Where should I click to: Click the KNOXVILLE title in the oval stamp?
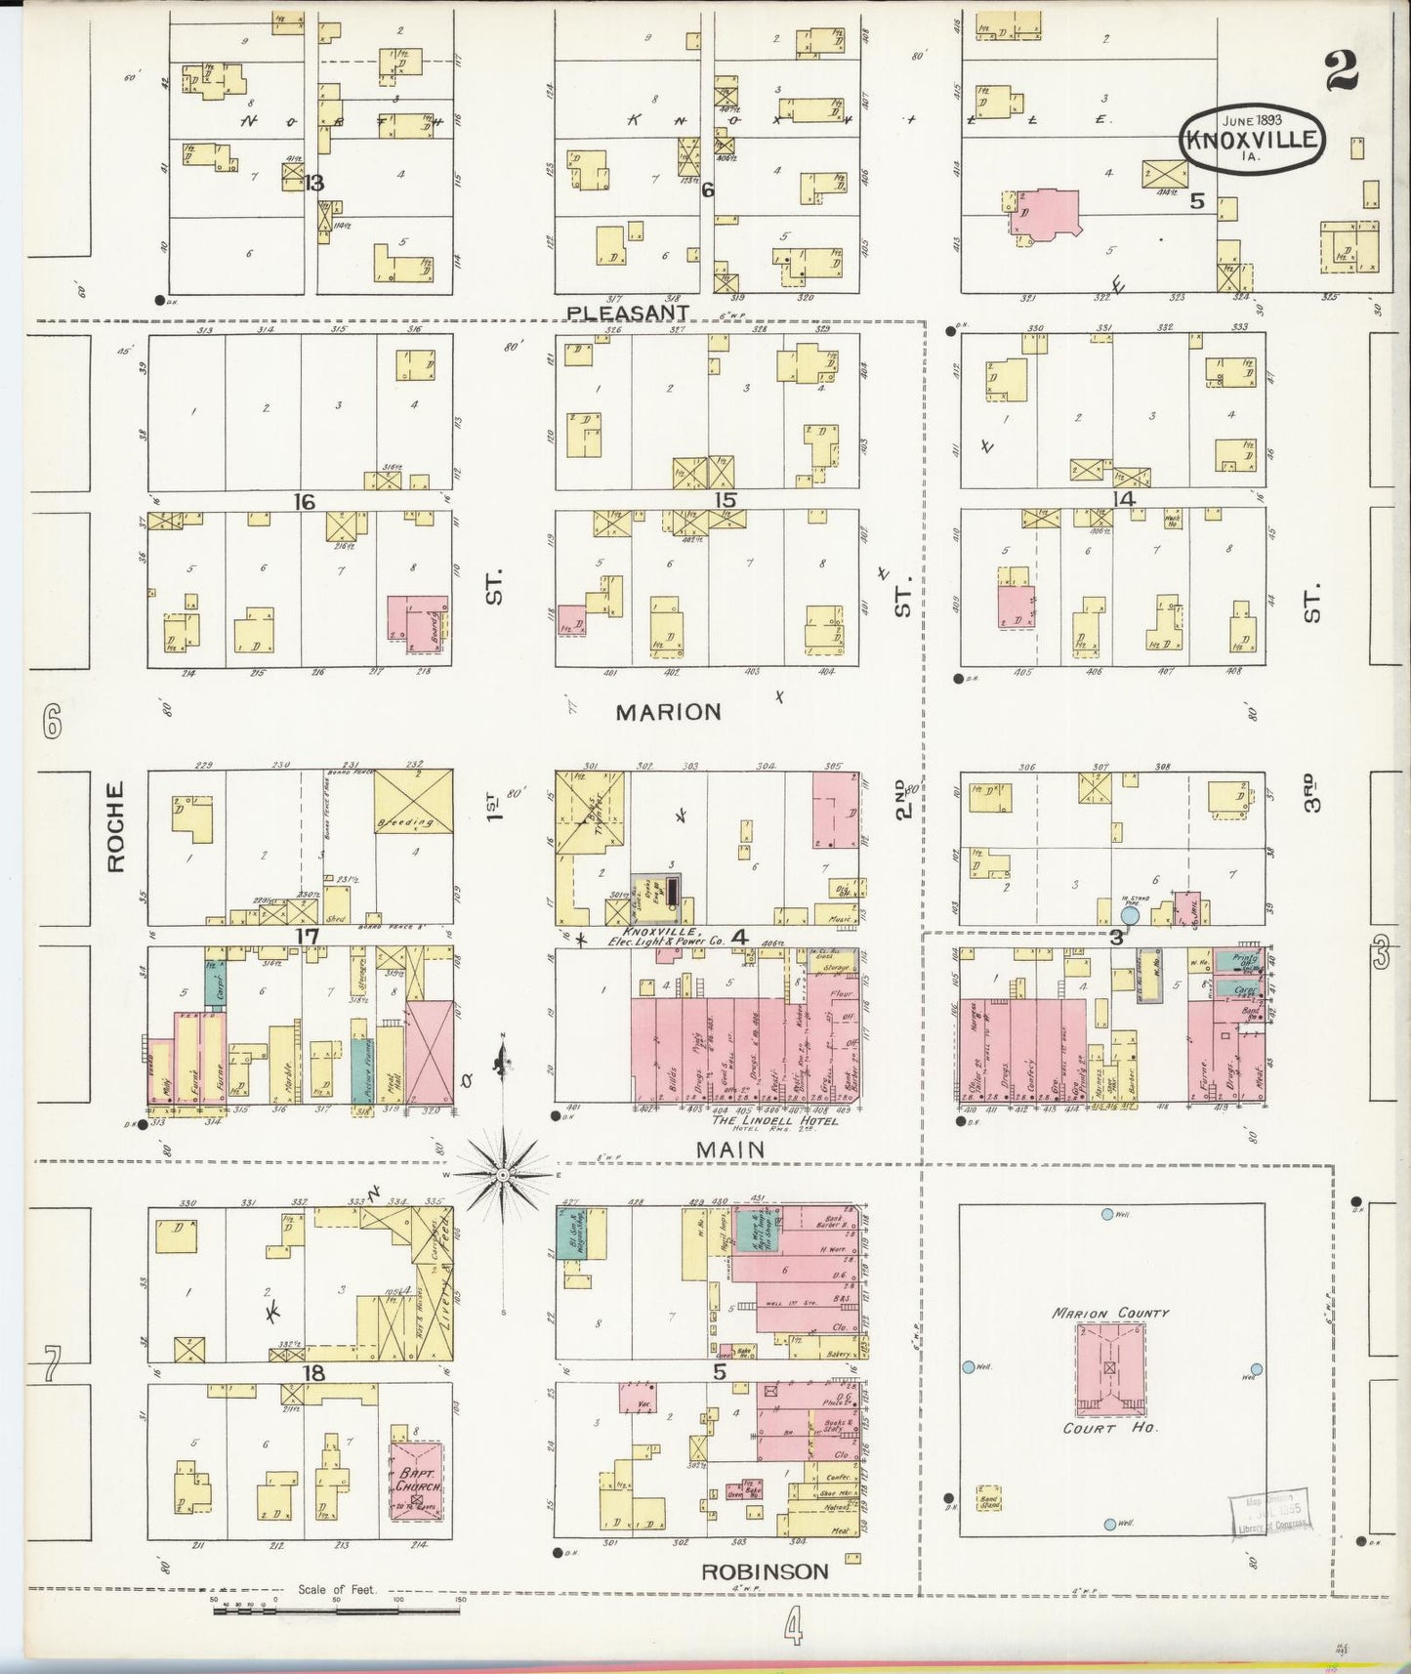(x=1253, y=140)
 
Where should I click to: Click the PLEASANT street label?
(x=629, y=313)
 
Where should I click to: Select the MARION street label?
(x=669, y=712)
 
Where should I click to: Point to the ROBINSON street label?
(x=765, y=1571)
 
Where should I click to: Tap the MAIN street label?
(x=729, y=1151)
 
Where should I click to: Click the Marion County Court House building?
(x=1109, y=1368)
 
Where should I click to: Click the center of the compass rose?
(x=503, y=1175)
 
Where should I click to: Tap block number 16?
(x=305, y=501)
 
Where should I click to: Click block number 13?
(x=313, y=184)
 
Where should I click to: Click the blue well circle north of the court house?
(x=1106, y=1214)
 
